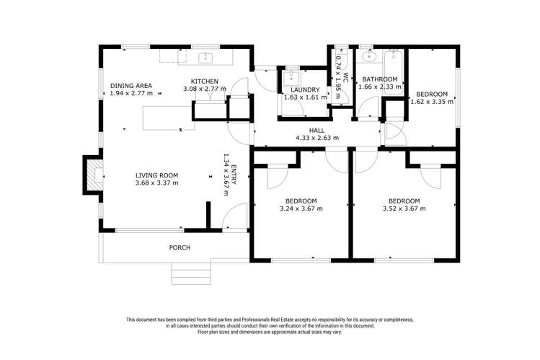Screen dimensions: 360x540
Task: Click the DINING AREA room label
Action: tap(130, 86)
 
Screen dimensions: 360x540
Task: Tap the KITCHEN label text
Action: tap(205, 81)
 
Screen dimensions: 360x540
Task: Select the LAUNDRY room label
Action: tap(301, 89)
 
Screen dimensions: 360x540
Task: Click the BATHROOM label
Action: tap(379, 79)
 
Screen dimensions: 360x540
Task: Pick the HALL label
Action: tap(317, 130)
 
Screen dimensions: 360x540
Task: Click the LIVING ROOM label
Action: tap(156, 175)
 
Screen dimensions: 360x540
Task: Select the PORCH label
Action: tap(180, 248)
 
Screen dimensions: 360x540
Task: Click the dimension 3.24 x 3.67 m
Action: tap(301, 208)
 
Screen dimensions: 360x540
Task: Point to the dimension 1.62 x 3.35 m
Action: tap(432, 102)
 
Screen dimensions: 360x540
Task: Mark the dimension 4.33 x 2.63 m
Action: tap(317, 138)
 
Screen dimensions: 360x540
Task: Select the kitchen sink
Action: tap(206, 56)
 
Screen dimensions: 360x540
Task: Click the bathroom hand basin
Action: tap(370, 56)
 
